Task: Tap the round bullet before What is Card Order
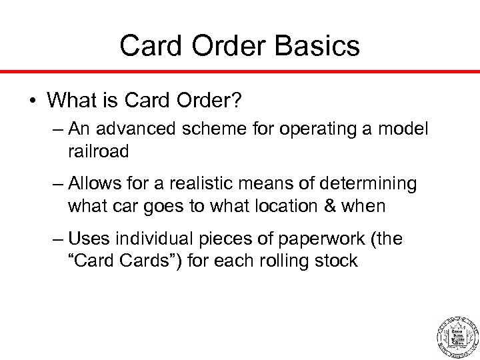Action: (31, 101)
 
